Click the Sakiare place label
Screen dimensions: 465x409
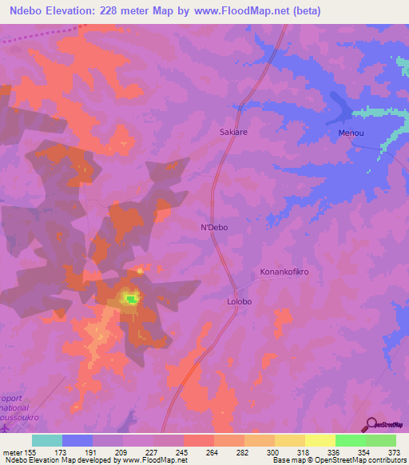(233, 133)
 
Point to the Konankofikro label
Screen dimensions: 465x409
(284, 272)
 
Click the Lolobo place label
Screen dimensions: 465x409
(238, 302)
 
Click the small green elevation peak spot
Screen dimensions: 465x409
(129, 299)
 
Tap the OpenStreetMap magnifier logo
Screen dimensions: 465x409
(372, 424)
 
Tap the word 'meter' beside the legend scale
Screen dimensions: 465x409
(13, 451)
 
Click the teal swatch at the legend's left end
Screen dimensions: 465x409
(47, 440)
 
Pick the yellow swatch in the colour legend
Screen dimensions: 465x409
(289, 440)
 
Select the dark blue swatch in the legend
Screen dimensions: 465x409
(77, 440)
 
